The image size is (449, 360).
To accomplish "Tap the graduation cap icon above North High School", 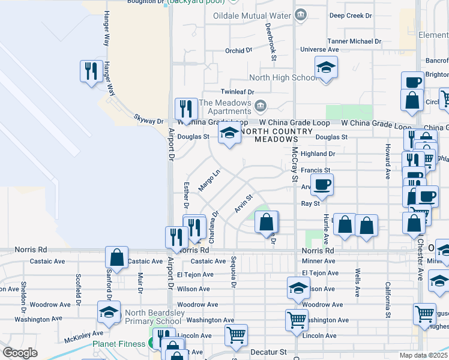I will [x=326, y=67].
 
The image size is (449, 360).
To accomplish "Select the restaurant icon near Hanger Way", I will [x=91, y=72].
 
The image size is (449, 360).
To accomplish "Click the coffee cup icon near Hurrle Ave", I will [x=322, y=185].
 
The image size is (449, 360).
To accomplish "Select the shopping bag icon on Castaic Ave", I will [x=116, y=257].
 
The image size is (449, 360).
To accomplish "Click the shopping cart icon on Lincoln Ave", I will [x=236, y=335].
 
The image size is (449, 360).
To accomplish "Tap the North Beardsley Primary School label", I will [x=152, y=316].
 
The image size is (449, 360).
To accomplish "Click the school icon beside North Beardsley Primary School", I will [x=109, y=312].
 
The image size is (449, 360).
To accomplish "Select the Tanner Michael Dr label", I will [x=354, y=41].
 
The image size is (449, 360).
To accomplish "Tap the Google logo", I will [x=20, y=353].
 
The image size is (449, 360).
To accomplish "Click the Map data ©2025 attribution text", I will [x=423, y=355].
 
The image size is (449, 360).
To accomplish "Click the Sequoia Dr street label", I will [x=231, y=272].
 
